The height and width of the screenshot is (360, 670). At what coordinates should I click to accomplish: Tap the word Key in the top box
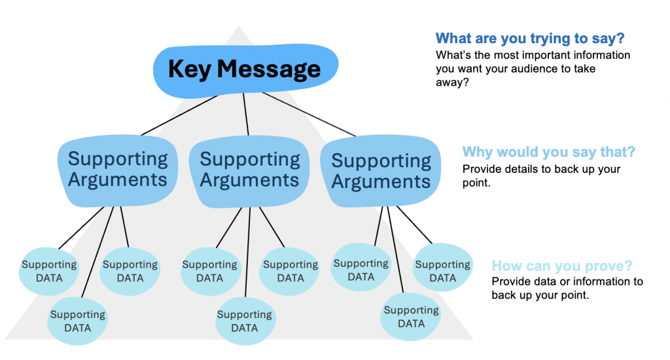(190, 68)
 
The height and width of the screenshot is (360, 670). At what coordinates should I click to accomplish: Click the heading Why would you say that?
(548, 153)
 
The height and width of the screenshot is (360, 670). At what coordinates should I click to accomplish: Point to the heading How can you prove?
(561, 266)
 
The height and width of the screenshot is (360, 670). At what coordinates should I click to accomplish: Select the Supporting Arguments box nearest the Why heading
(381, 171)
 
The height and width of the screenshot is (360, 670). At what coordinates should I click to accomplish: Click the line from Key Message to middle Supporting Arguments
(246, 115)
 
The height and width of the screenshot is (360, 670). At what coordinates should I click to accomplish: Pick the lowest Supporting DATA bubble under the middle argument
(245, 321)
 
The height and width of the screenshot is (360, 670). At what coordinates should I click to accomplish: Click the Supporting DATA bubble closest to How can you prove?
(443, 271)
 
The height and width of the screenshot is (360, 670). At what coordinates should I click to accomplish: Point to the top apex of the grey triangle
(238, 27)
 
